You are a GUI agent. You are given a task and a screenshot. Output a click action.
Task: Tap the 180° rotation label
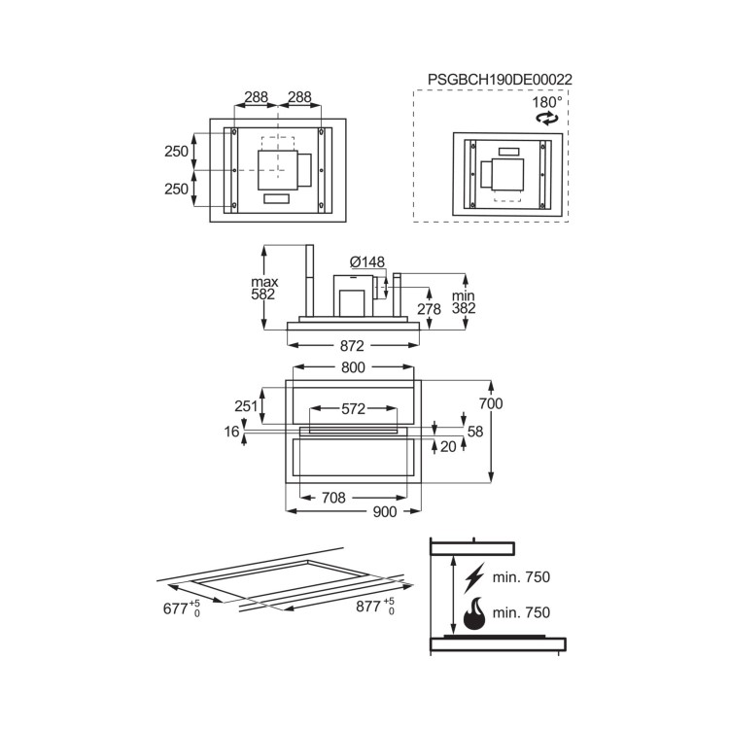pyautogui.click(x=546, y=101)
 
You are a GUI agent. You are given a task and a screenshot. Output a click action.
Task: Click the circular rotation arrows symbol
pyautogui.click(x=548, y=118)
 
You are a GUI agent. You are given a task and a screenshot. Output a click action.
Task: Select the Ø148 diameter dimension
pyautogui.click(x=366, y=261)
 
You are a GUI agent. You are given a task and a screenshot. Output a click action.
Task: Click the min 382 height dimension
pyautogui.click(x=463, y=299)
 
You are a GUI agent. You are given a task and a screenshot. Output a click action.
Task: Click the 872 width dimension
pyautogui.click(x=352, y=346)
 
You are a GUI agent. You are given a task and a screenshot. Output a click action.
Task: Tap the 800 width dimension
pyautogui.click(x=353, y=367)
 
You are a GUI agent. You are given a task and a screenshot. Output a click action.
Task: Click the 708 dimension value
pyautogui.click(x=333, y=498)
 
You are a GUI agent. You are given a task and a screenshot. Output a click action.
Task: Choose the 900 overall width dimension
pyautogui.click(x=385, y=512)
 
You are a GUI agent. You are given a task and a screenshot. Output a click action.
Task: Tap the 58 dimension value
pyautogui.click(x=474, y=431)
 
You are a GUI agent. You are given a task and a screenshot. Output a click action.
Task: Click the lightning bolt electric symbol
pyautogui.click(x=475, y=577)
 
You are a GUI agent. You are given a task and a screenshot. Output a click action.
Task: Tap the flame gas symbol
pyautogui.click(x=476, y=613)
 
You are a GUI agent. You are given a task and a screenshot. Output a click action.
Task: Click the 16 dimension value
pyautogui.click(x=231, y=431)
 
